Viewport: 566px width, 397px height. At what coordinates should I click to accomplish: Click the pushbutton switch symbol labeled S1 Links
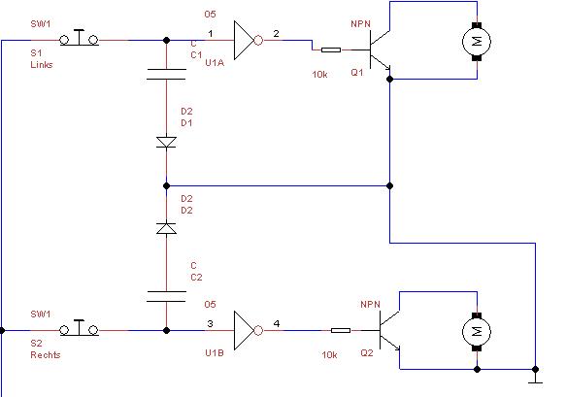(79, 38)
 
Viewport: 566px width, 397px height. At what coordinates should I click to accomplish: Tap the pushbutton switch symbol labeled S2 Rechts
(79, 328)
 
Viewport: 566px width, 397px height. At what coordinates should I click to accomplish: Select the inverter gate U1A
(248, 40)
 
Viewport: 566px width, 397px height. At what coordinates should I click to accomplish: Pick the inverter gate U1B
(248, 330)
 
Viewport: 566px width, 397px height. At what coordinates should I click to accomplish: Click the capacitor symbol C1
(166, 74)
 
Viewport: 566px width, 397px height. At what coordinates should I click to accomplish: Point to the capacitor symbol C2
(166, 296)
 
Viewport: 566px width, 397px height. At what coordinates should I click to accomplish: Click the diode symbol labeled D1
(166, 142)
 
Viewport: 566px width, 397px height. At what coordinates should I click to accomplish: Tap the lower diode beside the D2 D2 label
(166, 228)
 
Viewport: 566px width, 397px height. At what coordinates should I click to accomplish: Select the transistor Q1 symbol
(380, 50)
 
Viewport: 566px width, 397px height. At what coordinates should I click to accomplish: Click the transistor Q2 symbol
(389, 330)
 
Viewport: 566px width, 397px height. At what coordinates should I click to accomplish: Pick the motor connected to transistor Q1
(477, 42)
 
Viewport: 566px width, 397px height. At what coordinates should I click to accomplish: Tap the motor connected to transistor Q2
(477, 331)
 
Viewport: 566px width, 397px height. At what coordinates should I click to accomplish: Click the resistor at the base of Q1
(331, 50)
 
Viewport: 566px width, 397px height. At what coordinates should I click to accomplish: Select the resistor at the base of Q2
(341, 330)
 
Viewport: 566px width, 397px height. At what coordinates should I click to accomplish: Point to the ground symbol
(535, 379)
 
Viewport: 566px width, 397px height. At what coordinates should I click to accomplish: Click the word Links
(42, 65)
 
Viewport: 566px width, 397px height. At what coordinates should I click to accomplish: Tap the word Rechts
(46, 354)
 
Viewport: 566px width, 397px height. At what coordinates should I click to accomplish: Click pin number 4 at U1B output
(277, 323)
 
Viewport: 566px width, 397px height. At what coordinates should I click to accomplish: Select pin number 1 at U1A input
(211, 34)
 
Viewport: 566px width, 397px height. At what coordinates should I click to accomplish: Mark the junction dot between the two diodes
(166, 185)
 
